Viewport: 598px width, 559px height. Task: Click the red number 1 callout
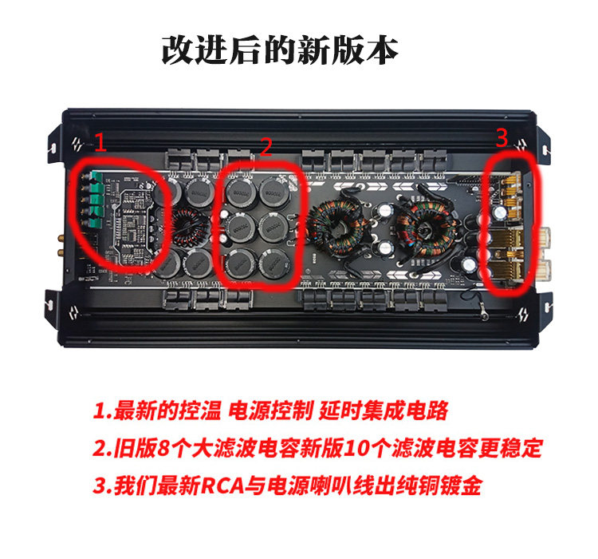click(100, 142)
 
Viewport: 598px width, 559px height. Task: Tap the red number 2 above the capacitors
click(266, 147)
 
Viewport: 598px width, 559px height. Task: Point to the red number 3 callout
click(502, 138)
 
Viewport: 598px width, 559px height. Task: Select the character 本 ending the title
click(383, 50)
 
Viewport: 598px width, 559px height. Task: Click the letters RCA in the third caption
click(222, 486)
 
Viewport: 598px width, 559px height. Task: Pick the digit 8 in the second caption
click(163, 448)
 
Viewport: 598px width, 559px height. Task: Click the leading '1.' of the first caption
click(103, 411)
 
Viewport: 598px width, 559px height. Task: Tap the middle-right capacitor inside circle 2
click(273, 227)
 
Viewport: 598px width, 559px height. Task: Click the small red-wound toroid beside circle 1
click(190, 228)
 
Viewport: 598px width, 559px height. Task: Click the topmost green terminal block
click(97, 177)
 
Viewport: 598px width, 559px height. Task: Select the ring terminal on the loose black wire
click(485, 315)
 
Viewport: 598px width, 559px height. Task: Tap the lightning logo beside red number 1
click(78, 144)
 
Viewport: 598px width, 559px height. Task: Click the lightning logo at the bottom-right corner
click(521, 315)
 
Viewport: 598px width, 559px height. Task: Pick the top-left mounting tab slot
click(53, 148)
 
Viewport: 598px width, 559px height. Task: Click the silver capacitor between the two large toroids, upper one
click(386, 210)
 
